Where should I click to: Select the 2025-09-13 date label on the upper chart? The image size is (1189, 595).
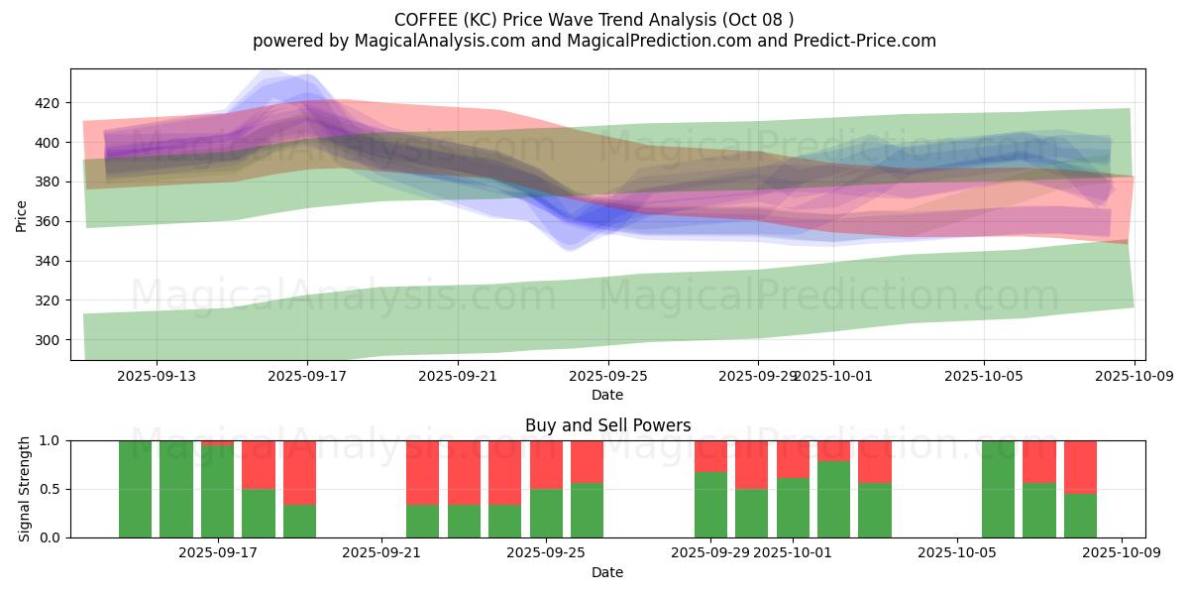(x=156, y=376)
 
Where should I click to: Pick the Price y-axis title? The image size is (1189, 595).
(x=22, y=214)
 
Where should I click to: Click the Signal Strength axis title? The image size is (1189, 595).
(x=25, y=489)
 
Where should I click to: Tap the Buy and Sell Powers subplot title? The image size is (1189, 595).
(x=607, y=425)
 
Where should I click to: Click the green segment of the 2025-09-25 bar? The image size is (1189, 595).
(x=547, y=513)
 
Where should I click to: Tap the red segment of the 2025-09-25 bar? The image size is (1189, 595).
(x=547, y=464)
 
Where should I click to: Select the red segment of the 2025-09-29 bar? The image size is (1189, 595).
(x=710, y=455)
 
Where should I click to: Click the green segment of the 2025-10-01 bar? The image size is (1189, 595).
(x=793, y=508)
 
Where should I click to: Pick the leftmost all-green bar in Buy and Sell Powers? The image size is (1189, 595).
(x=135, y=489)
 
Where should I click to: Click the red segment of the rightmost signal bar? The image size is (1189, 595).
(x=1080, y=466)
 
